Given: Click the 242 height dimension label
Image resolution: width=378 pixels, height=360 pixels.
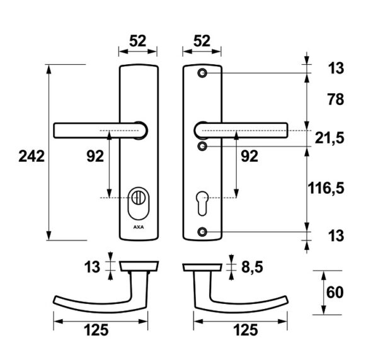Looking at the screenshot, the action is (31, 156).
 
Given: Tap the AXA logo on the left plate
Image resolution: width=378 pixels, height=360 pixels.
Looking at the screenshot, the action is (139, 227).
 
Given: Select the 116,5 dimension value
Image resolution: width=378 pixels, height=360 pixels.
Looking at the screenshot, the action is (326, 188).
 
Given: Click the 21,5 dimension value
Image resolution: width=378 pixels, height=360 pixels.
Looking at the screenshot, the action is (329, 138).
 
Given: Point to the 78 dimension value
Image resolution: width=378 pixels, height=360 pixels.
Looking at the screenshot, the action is (336, 99).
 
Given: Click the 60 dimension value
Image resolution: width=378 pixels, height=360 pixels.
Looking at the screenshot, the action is (335, 292).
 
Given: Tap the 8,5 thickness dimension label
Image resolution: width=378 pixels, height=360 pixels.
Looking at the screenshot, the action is (252, 267).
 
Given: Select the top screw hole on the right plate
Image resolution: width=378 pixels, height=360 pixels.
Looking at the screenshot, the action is (202, 73).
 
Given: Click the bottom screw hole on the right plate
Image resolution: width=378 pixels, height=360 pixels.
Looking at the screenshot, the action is (202, 232).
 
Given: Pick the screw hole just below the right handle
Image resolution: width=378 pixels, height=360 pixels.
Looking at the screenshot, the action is (202, 146).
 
